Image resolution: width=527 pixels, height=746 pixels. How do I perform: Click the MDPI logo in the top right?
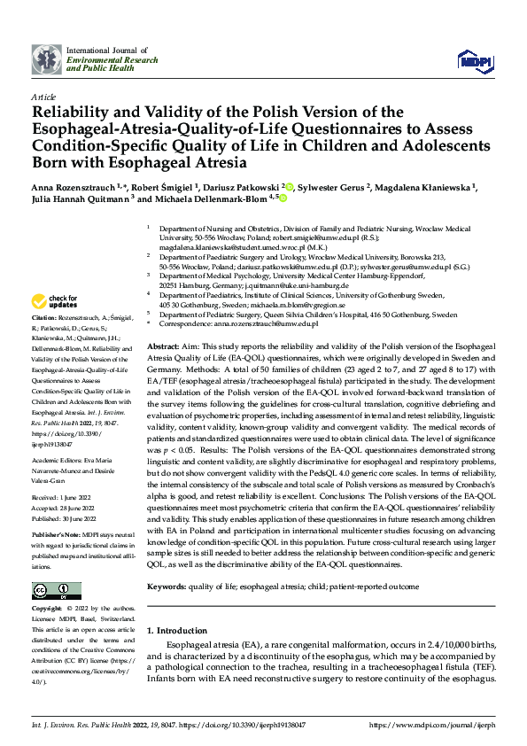click(474, 59)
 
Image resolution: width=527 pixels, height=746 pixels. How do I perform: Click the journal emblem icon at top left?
click(46, 59)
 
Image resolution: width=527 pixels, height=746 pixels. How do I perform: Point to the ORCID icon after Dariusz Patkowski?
click(289, 187)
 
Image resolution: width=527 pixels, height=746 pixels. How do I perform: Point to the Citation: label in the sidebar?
click(44, 317)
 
